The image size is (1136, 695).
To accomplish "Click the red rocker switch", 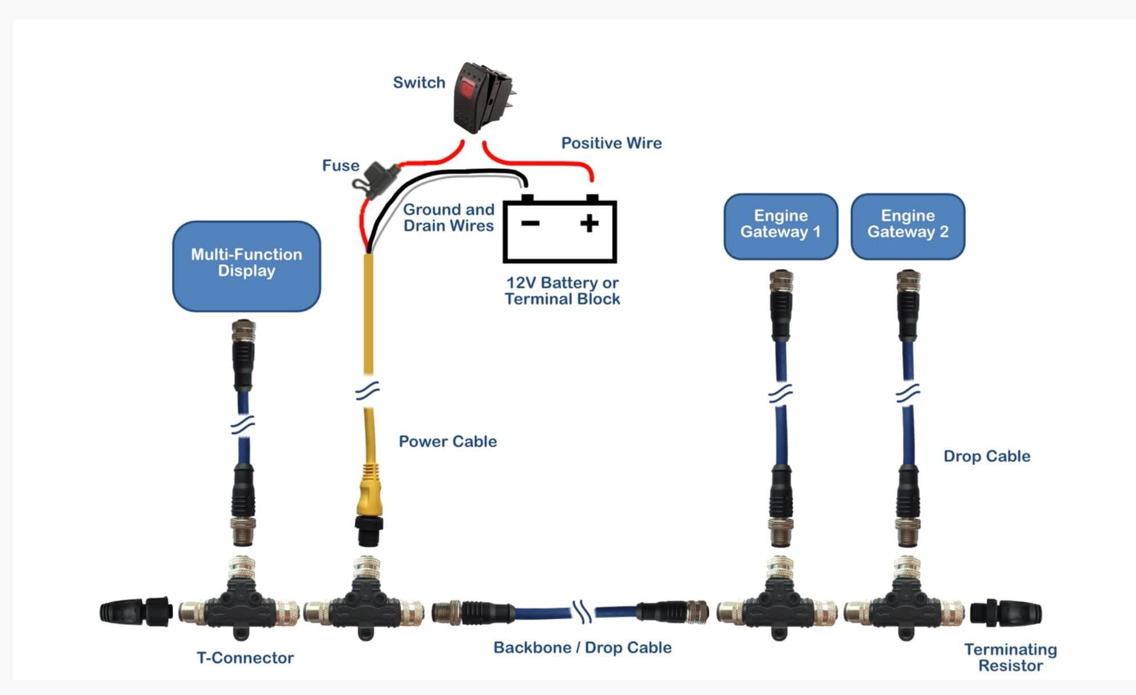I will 482,97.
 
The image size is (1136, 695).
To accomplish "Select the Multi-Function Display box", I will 246,266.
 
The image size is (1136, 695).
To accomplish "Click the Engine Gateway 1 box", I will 780,226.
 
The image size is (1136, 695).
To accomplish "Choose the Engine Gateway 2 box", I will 907,226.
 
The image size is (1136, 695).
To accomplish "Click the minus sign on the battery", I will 530,223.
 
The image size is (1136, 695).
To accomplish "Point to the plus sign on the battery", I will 589,223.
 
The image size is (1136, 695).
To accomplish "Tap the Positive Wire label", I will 611,143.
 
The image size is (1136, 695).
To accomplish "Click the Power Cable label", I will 447,441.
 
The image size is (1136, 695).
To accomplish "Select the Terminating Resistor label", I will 1010,657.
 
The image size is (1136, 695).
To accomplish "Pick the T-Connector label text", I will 245,658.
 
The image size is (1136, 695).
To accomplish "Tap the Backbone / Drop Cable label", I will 582,648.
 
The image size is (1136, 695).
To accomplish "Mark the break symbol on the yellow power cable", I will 368,391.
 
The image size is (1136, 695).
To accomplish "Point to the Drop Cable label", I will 987,456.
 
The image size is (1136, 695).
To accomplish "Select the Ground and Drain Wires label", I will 449,218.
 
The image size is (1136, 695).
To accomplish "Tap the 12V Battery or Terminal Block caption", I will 562,291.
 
